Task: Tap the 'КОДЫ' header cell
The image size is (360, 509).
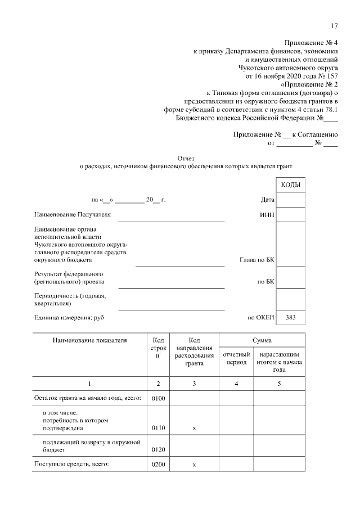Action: pos(290,185)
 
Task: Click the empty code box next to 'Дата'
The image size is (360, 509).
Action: pos(290,200)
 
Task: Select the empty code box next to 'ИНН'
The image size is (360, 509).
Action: pos(290,214)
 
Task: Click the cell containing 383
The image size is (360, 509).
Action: pos(290,317)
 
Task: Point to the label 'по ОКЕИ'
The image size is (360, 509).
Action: pos(260,317)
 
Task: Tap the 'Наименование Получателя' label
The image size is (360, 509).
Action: pos(73,214)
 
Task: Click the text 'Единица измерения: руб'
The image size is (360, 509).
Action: pos(69,317)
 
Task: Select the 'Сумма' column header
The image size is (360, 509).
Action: pos(262,340)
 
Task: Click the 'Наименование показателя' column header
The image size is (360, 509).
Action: pos(90,340)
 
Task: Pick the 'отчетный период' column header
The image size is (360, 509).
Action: pos(236,359)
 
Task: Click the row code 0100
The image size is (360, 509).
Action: pos(158,399)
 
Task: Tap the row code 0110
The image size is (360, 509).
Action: pos(158,428)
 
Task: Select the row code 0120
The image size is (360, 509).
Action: pos(158,451)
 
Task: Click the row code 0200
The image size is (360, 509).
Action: pos(158,465)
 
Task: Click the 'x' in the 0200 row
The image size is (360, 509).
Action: pos(194,465)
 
